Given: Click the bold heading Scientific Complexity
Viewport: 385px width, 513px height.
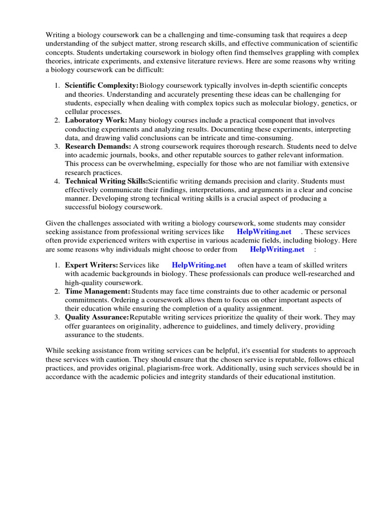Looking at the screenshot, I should tap(101, 86).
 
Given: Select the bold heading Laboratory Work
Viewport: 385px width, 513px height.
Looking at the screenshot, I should tap(96, 120).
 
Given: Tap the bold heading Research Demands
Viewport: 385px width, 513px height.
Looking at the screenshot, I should tap(98, 146).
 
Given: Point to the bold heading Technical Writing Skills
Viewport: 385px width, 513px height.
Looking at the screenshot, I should tap(106, 181).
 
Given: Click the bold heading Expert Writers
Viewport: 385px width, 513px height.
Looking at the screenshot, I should tap(91, 265).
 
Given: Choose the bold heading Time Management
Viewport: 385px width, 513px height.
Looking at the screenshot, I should tap(97, 291).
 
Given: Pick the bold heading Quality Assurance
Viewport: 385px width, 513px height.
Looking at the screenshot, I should tap(97, 317).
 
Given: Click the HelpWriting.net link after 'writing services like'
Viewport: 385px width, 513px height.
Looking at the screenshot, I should tap(264, 232).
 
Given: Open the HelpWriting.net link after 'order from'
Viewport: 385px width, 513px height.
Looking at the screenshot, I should tap(277, 249).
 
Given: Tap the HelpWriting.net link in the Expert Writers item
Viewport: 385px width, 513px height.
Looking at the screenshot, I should tap(199, 265).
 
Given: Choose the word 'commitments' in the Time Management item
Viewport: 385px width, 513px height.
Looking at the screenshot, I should tap(85, 300).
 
